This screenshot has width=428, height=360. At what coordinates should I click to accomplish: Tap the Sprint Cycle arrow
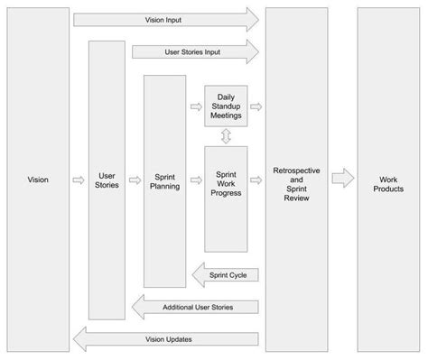coord(226,274)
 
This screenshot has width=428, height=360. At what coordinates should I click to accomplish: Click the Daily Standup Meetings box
coord(226,106)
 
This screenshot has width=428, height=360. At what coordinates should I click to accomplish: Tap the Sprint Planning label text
coord(164,180)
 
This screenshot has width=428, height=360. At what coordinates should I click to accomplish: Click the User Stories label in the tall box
coord(107,180)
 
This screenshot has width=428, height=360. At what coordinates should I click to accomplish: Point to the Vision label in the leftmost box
coord(38,180)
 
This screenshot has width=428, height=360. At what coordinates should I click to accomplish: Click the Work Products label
coord(387,184)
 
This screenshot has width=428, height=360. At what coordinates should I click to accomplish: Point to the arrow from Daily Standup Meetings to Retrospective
coord(256,106)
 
